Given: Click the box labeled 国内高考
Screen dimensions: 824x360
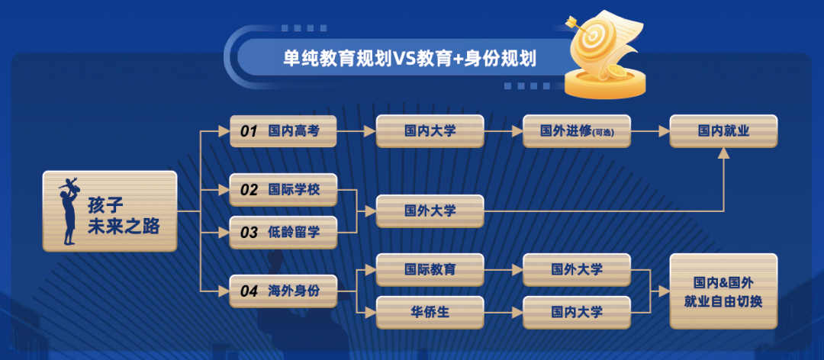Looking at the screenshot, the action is click(283, 131).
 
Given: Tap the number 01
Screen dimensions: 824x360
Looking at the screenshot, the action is click(249, 131).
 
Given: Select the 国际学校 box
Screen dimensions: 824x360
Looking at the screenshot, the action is click(283, 190).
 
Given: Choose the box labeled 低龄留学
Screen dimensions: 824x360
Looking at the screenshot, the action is click(283, 233).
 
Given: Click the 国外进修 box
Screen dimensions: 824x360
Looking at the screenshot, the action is click(577, 131).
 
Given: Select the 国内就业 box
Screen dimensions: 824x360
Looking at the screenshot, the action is click(723, 131).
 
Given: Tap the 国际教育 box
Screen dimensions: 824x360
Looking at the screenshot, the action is click(430, 269).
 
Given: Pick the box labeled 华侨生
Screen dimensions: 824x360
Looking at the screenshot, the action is click(430, 312).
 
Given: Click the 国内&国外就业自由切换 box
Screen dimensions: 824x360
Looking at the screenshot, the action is click(723, 291).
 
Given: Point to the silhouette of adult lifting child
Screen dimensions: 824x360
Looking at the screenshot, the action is click(69, 211).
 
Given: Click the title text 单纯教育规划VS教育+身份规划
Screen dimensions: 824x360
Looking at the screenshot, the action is click(410, 59).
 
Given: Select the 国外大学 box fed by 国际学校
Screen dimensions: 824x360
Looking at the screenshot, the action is click(430, 211).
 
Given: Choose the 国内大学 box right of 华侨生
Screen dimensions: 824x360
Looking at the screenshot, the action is click(577, 312).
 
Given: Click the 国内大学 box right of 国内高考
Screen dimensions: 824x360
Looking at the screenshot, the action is click(430, 131).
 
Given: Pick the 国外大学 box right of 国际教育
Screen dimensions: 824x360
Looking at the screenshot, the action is click(577, 269).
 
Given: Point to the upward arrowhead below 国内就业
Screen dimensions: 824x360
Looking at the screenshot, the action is click(723, 153).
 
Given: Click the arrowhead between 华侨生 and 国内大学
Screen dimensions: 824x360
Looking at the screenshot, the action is click(517, 312).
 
